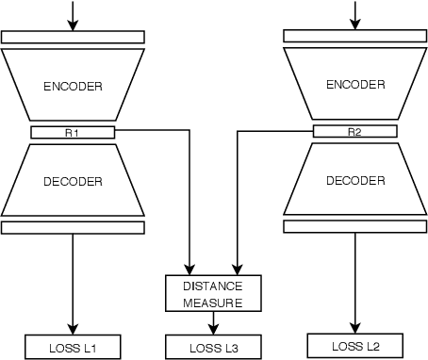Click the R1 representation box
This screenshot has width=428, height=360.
73,132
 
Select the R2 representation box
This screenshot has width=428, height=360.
354,131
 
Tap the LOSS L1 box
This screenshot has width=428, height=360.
73,347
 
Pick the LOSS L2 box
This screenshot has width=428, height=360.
355,345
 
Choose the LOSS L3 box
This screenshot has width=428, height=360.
214,347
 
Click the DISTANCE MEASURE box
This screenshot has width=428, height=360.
214,294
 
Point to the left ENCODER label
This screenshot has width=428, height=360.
73,86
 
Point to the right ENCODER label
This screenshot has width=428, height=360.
354,84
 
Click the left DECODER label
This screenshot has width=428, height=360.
73,182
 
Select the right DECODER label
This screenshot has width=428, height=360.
354,180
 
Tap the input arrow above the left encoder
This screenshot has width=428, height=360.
73,13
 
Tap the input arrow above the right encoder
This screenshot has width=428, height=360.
355,12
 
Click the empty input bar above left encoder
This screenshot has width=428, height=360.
73,38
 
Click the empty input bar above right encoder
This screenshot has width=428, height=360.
354,36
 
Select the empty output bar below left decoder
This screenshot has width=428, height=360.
73,227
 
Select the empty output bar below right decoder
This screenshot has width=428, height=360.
354,225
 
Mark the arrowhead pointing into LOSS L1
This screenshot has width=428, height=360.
73,328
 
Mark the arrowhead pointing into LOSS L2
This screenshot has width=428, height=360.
355,326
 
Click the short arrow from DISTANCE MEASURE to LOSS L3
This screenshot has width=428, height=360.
214,323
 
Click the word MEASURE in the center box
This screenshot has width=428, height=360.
214,303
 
